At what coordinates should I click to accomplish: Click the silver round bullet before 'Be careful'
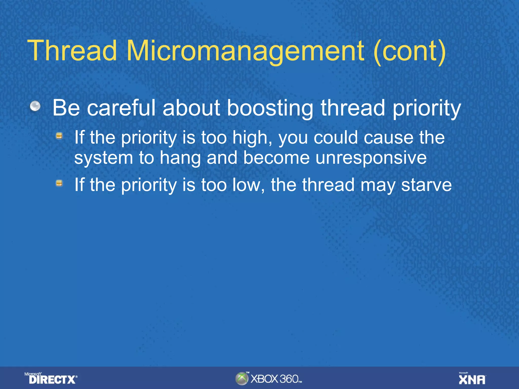(x=35, y=106)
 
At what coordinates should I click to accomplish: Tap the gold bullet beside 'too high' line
(x=59, y=136)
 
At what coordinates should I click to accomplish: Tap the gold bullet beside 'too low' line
(x=59, y=183)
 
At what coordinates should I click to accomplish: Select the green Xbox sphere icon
(x=242, y=379)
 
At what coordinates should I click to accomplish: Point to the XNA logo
(x=472, y=379)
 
